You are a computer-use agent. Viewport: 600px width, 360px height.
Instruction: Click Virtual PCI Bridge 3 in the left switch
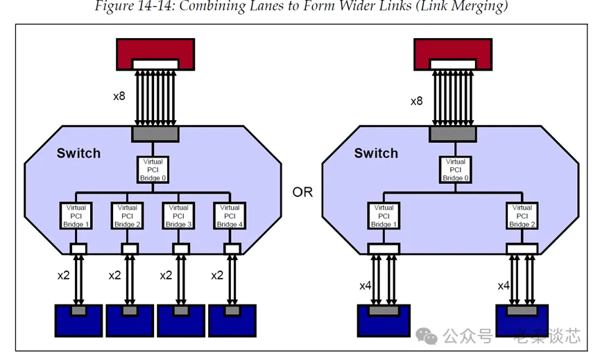coord(178,216)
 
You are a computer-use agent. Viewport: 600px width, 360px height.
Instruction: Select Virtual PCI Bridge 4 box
coord(229,216)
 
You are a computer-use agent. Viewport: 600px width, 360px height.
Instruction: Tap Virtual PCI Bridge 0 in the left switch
coord(153,170)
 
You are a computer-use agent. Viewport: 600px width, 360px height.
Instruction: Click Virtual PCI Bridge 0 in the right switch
coord(454,170)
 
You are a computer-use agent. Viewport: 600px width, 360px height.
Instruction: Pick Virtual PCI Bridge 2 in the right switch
coord(522,216)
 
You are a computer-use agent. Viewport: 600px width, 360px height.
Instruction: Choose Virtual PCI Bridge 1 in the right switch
coord(384,216)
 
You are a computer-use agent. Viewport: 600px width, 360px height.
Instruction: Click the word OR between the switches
coord(302,191)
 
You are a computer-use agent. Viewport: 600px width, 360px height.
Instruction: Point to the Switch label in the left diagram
coord(78,153)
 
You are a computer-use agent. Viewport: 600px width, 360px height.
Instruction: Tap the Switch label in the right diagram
coord(376,153)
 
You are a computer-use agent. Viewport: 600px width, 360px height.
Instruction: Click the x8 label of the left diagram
coord(119,96)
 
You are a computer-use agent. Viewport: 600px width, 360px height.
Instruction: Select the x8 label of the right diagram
coord(416,101)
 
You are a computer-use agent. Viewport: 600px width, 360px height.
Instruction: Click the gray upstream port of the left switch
coord(155,134)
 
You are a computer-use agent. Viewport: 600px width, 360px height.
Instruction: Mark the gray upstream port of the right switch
coord(452,134)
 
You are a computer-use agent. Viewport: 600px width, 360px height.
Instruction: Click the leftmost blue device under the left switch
coord(78,319)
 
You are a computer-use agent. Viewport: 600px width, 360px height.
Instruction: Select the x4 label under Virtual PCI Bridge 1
coord(366,285)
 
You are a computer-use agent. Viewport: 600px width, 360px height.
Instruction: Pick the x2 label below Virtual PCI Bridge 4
coord(217,275)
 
